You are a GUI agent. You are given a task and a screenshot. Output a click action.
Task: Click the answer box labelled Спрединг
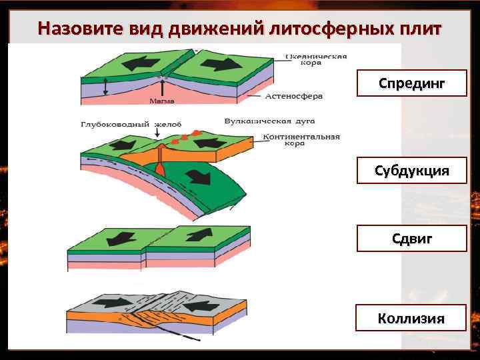point(411,83)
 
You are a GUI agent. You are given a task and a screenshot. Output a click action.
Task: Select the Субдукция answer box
point(411,171)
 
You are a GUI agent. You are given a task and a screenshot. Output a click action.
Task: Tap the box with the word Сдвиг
point(411,238)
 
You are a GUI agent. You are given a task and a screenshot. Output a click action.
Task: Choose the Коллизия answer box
point(411,317)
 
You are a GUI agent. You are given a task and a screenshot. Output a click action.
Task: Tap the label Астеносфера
point(294,96)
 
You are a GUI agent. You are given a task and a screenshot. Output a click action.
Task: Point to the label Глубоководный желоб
point(126,124)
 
